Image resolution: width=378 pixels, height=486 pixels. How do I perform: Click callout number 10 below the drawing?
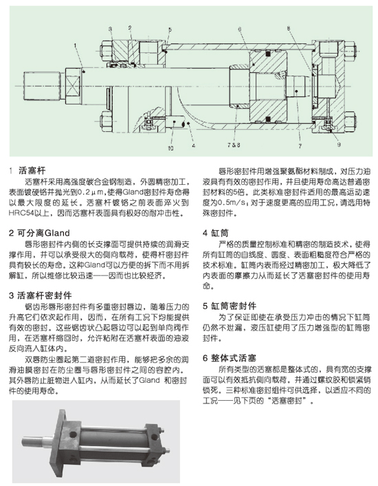tap(170, 148)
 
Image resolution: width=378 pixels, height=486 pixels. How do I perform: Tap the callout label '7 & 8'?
tap(234, 145)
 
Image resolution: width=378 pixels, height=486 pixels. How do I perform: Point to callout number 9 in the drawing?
tap(339, 144)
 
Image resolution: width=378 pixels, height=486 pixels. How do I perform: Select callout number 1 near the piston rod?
tap(75, 45)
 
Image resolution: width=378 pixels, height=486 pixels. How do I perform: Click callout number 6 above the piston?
tap(239, 29)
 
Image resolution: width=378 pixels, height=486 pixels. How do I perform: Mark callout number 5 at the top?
tap(170, 30)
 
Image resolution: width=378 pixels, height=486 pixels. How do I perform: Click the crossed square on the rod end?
tap(73, 85)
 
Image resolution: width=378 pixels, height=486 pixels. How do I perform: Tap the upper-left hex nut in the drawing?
tap(106, 50)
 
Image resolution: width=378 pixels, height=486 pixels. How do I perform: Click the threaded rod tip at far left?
tap(41, 85)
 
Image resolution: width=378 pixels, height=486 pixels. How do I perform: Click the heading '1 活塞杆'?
tap(27, 170)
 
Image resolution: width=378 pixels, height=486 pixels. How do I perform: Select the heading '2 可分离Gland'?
tap(39, 233)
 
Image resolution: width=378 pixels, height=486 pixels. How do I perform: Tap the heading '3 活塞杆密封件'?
tap(41, 296)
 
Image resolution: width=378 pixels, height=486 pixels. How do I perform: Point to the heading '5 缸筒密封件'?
tap(230, 306)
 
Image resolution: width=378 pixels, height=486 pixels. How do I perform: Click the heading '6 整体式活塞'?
tap(230, 358)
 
